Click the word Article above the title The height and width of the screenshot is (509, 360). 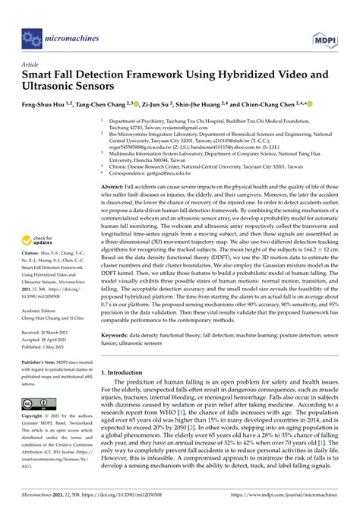(x=31, y=66)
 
